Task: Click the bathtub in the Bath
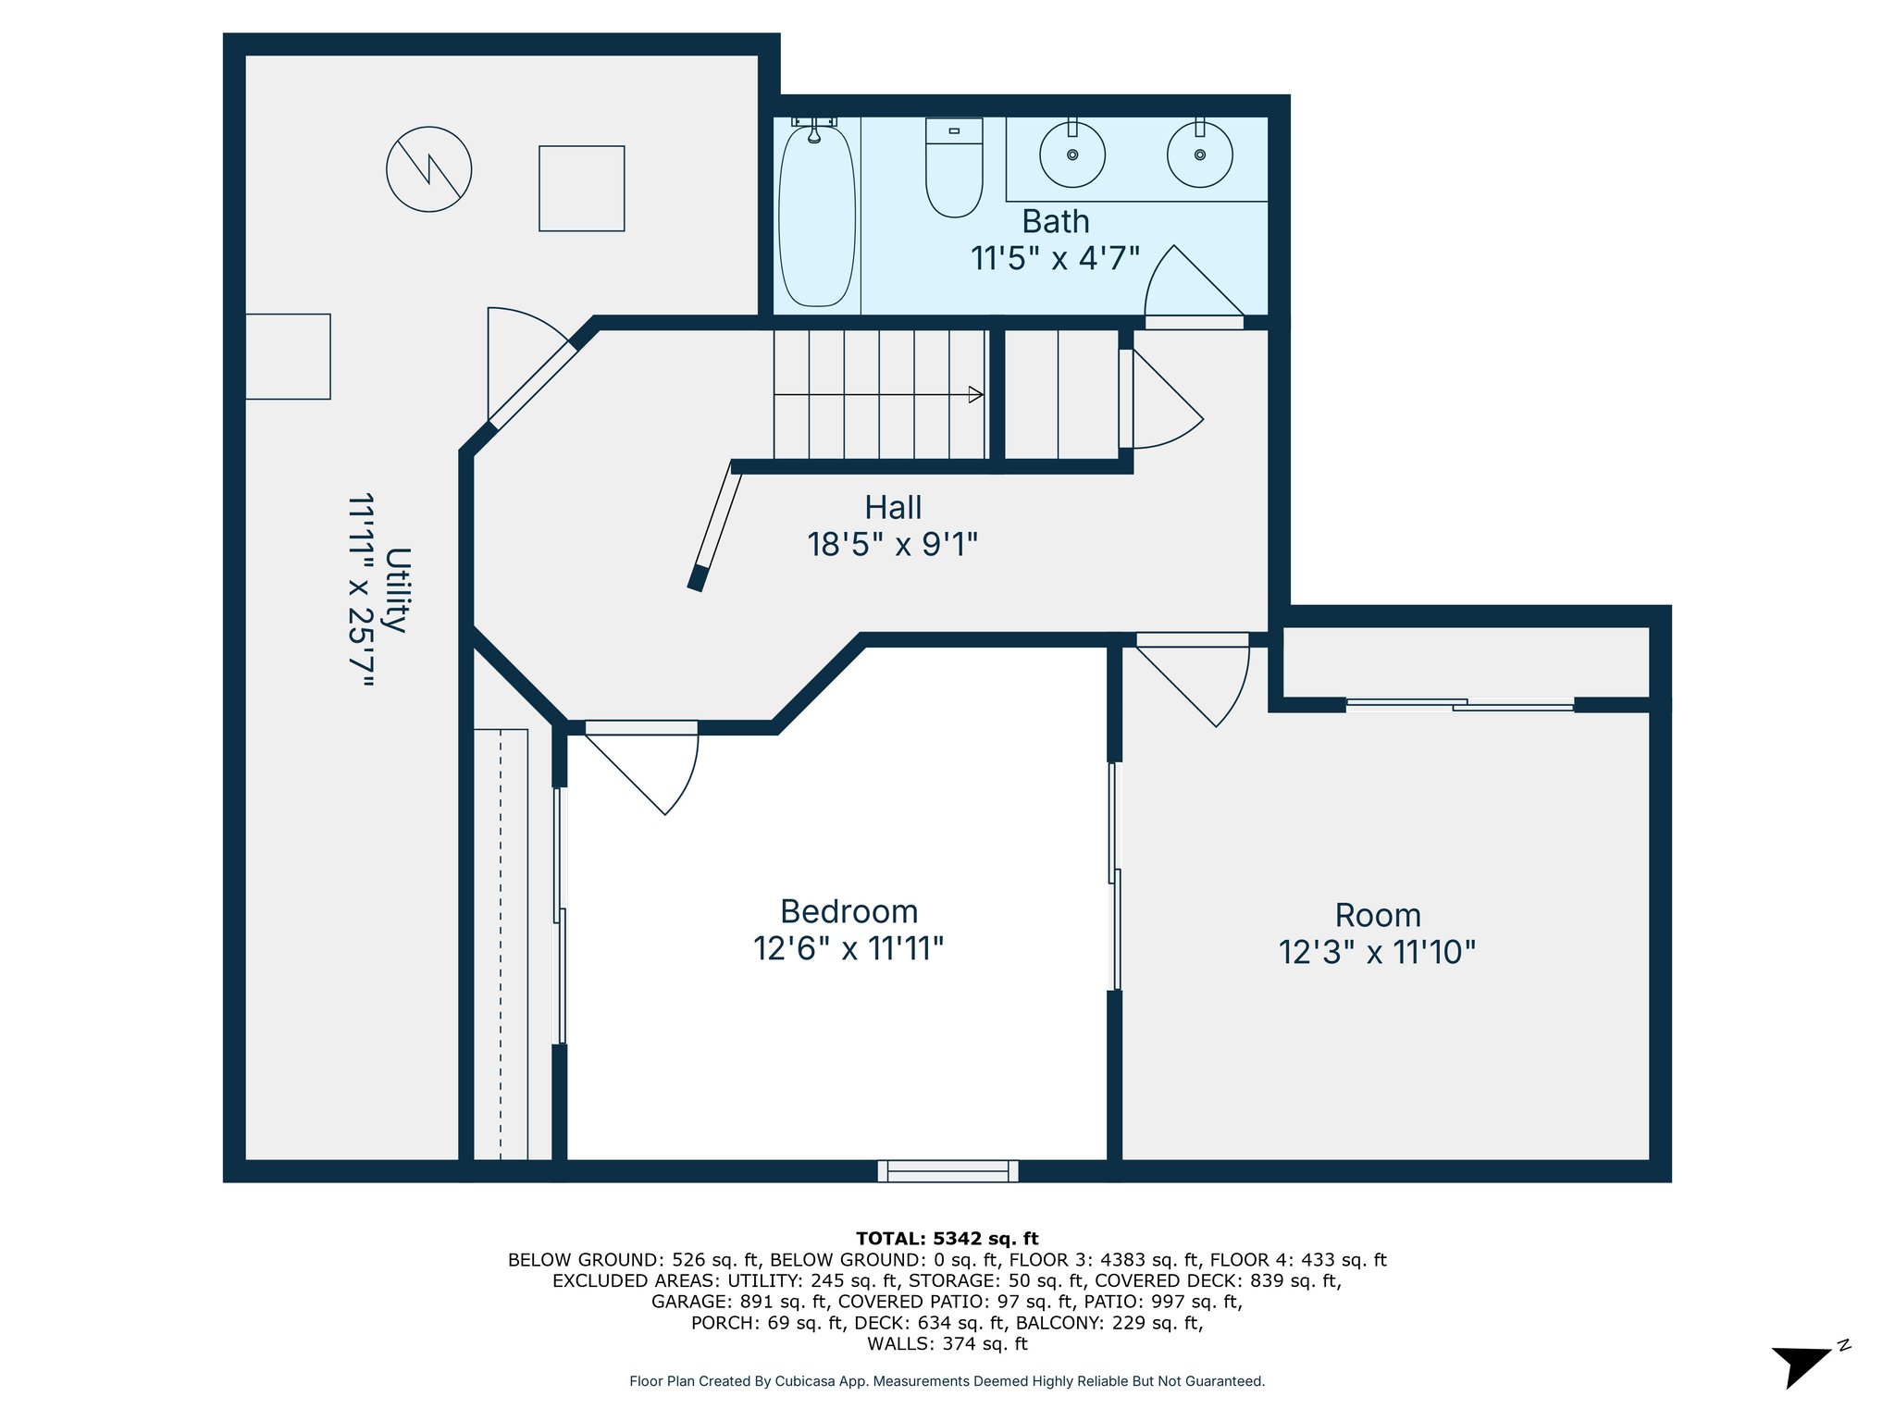(816, 216)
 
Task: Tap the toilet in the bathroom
(954, 167)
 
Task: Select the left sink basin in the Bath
(1072, 154)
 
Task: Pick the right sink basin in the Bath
(1199, 154)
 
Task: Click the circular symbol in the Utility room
(428, 169)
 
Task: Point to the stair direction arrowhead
(976, 395)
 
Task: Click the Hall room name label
(893, 508)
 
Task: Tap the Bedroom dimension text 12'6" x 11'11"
(848, 949)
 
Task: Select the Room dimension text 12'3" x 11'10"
(1377, 953)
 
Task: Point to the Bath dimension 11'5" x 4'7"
(1055, 258)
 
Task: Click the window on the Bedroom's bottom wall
(948, 1171)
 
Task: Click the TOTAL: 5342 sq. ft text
(947, 1239)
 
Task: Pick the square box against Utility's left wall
(288, 356)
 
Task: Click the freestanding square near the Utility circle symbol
(582, 189)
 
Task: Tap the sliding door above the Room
(1460, 705)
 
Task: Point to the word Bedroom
(849, 912)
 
